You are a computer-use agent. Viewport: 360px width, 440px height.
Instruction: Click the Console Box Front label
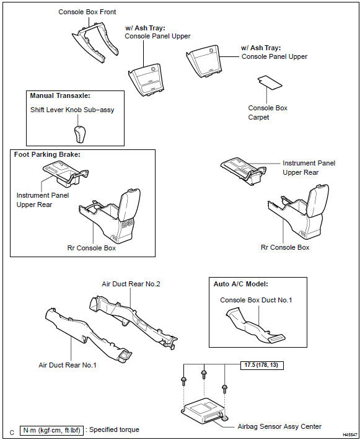(87, 12)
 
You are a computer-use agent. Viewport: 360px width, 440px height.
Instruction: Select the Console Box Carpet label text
(268, 112)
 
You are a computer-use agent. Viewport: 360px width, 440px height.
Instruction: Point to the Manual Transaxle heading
(59, 96)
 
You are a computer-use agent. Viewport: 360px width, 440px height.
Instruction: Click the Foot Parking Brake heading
(48, 155)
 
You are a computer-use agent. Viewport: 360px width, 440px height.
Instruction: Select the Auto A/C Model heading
(242, 283)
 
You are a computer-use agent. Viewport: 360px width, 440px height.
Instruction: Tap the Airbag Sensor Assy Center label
(279, 426)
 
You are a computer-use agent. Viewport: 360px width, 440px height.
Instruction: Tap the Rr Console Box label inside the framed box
(92, 247)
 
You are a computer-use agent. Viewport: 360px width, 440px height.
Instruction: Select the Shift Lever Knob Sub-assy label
(72, 110)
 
